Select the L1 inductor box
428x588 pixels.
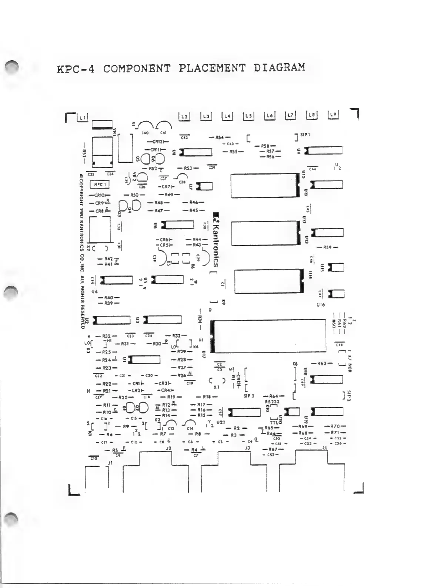coord(82,118)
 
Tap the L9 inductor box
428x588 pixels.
coord(333,115)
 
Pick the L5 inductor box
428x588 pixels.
coord(248,116)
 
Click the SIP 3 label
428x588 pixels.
coord(249,396)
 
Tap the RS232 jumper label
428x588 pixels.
coord(272,402)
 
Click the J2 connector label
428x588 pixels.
coord(169,448)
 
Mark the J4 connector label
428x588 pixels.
coord(325,448)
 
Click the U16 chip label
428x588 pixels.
coord(321,305)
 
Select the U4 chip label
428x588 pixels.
coord(94,291)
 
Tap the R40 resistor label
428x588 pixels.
coord(108,297)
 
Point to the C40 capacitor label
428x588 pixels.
coord(145,132)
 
